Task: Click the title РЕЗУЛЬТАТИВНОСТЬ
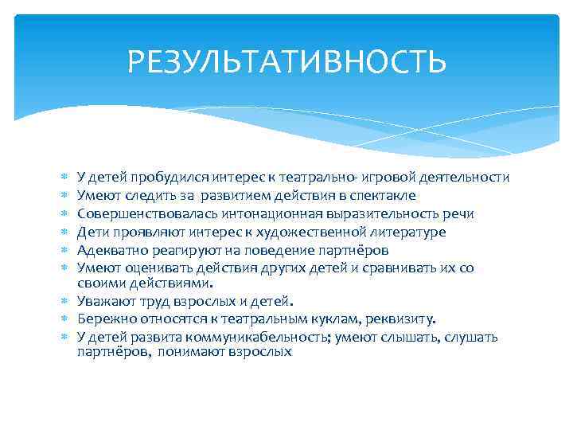tap(286, 61)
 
